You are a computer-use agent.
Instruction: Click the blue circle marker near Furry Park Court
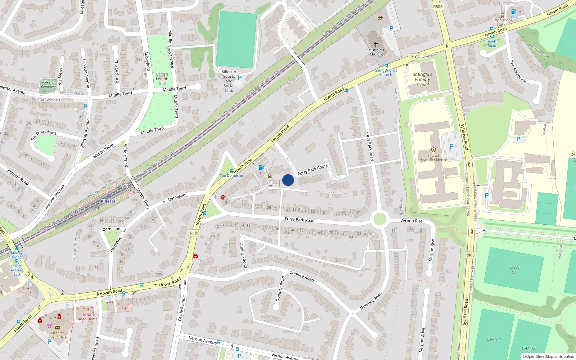tap(288, 180)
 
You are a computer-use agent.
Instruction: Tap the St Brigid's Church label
tap(375, 52)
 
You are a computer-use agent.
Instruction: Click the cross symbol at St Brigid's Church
tap(375, 44)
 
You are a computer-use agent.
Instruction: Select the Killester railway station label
tap(109, 201)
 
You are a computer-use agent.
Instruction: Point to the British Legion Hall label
tap(162, 79)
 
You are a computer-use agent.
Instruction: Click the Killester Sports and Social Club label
tap(229, 81)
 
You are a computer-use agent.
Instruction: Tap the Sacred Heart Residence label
tap(433, 157)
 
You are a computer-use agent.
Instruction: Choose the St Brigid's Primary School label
tap(422, 80)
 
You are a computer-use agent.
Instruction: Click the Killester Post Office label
tap(58, 335)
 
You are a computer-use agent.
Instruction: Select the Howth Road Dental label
tap(88, 317)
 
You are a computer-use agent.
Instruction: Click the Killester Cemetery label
tap(49, 84)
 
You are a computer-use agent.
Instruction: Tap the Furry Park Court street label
tap(312, 169)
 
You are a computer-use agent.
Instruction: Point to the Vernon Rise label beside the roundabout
tap(411, 221)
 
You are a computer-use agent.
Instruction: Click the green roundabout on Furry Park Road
tap(379, 219)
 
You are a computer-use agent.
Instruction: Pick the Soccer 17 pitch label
tap(514, 270)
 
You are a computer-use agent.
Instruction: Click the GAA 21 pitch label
tap(493, 339)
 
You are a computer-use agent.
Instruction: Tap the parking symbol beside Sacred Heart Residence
tap(451, 147)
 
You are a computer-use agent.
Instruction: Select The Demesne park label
tap(231, 176)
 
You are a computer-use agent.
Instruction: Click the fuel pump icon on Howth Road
tap(261, 167)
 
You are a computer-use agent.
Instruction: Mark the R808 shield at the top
tap(438, 7)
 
